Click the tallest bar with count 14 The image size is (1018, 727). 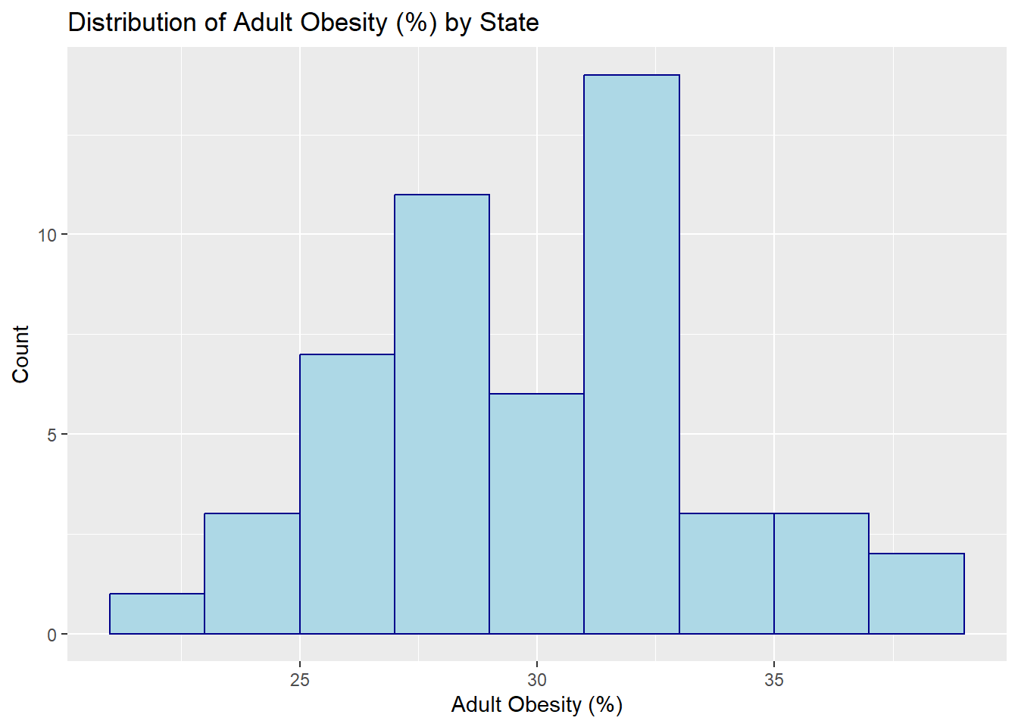pos(632,354)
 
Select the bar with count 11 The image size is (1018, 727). pos(442,414)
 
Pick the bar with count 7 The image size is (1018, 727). pos(347,494)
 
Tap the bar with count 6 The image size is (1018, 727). pos(537,513)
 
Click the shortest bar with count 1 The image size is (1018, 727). pos(158,613)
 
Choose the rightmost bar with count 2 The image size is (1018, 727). pos(917,594)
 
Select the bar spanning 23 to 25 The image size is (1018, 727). pos(252,573)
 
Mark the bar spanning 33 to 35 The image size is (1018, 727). pos(726,573)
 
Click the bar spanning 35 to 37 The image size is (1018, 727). pos(822,573)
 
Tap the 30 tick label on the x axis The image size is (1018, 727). pos(537,680)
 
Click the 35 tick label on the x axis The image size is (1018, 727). pos(774,680)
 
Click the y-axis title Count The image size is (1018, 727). pos(20,354)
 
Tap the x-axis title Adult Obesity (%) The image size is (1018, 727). pos(537,705)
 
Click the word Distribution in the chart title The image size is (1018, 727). pos(133,22)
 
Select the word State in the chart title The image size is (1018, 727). pos(510,22)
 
